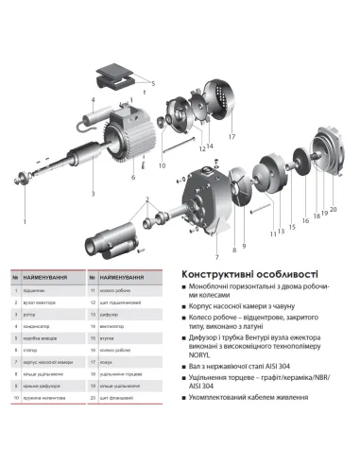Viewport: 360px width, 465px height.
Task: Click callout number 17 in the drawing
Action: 230,136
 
